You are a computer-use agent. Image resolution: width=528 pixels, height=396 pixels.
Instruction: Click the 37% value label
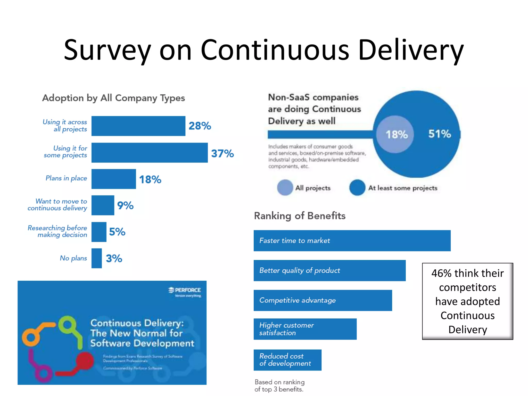click(x=222, y=153)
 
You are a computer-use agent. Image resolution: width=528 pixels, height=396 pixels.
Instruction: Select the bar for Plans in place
click(x=113, y=179)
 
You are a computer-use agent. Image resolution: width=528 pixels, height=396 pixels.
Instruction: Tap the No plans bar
click(x=96, y=258)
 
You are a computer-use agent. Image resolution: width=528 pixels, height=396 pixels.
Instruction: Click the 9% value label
click(x=125, y=205)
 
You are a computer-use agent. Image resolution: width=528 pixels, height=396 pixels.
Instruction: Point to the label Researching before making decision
click(x=57, y=231)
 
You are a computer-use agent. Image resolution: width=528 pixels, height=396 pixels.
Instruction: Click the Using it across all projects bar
click(x=138, y=126)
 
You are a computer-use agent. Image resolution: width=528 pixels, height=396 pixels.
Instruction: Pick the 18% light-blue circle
click(x=395, y=134)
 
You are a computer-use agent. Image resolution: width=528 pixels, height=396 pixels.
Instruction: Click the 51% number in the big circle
click(x=440, y=134)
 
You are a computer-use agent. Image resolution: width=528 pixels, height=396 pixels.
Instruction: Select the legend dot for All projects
click(x=285, y=188)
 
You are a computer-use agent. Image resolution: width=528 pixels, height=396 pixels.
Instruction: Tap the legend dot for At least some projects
click(x=357, y=188)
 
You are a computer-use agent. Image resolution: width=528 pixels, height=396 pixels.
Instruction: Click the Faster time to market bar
click(x=352, y=241)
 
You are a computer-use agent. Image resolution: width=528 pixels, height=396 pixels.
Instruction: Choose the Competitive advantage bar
click(x=323, y=300)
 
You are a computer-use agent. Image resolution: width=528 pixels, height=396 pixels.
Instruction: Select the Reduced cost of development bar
click(x=287, y=360)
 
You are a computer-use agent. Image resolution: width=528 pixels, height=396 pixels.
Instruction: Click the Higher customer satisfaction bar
click(x=305, y=329)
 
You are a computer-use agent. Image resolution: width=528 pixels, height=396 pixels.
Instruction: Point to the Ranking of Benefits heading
click(x=300, y=216)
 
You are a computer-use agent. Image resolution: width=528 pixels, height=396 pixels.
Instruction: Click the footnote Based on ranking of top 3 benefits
click(x=279, y=386)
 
